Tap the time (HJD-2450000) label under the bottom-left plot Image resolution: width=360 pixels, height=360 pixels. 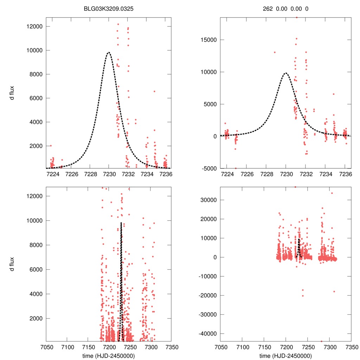click(x=109, y=355)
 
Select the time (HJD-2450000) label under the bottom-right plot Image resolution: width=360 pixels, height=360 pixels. click(x=285, y=355)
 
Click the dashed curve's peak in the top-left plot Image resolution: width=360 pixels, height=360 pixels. click(x=109, y=52)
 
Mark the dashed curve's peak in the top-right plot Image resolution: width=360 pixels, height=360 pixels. click(x=286, y=73)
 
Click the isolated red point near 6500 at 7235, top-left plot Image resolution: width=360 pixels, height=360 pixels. click(x=154, y=91)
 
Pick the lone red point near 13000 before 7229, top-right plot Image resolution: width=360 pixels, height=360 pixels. click(x=274, y=52)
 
